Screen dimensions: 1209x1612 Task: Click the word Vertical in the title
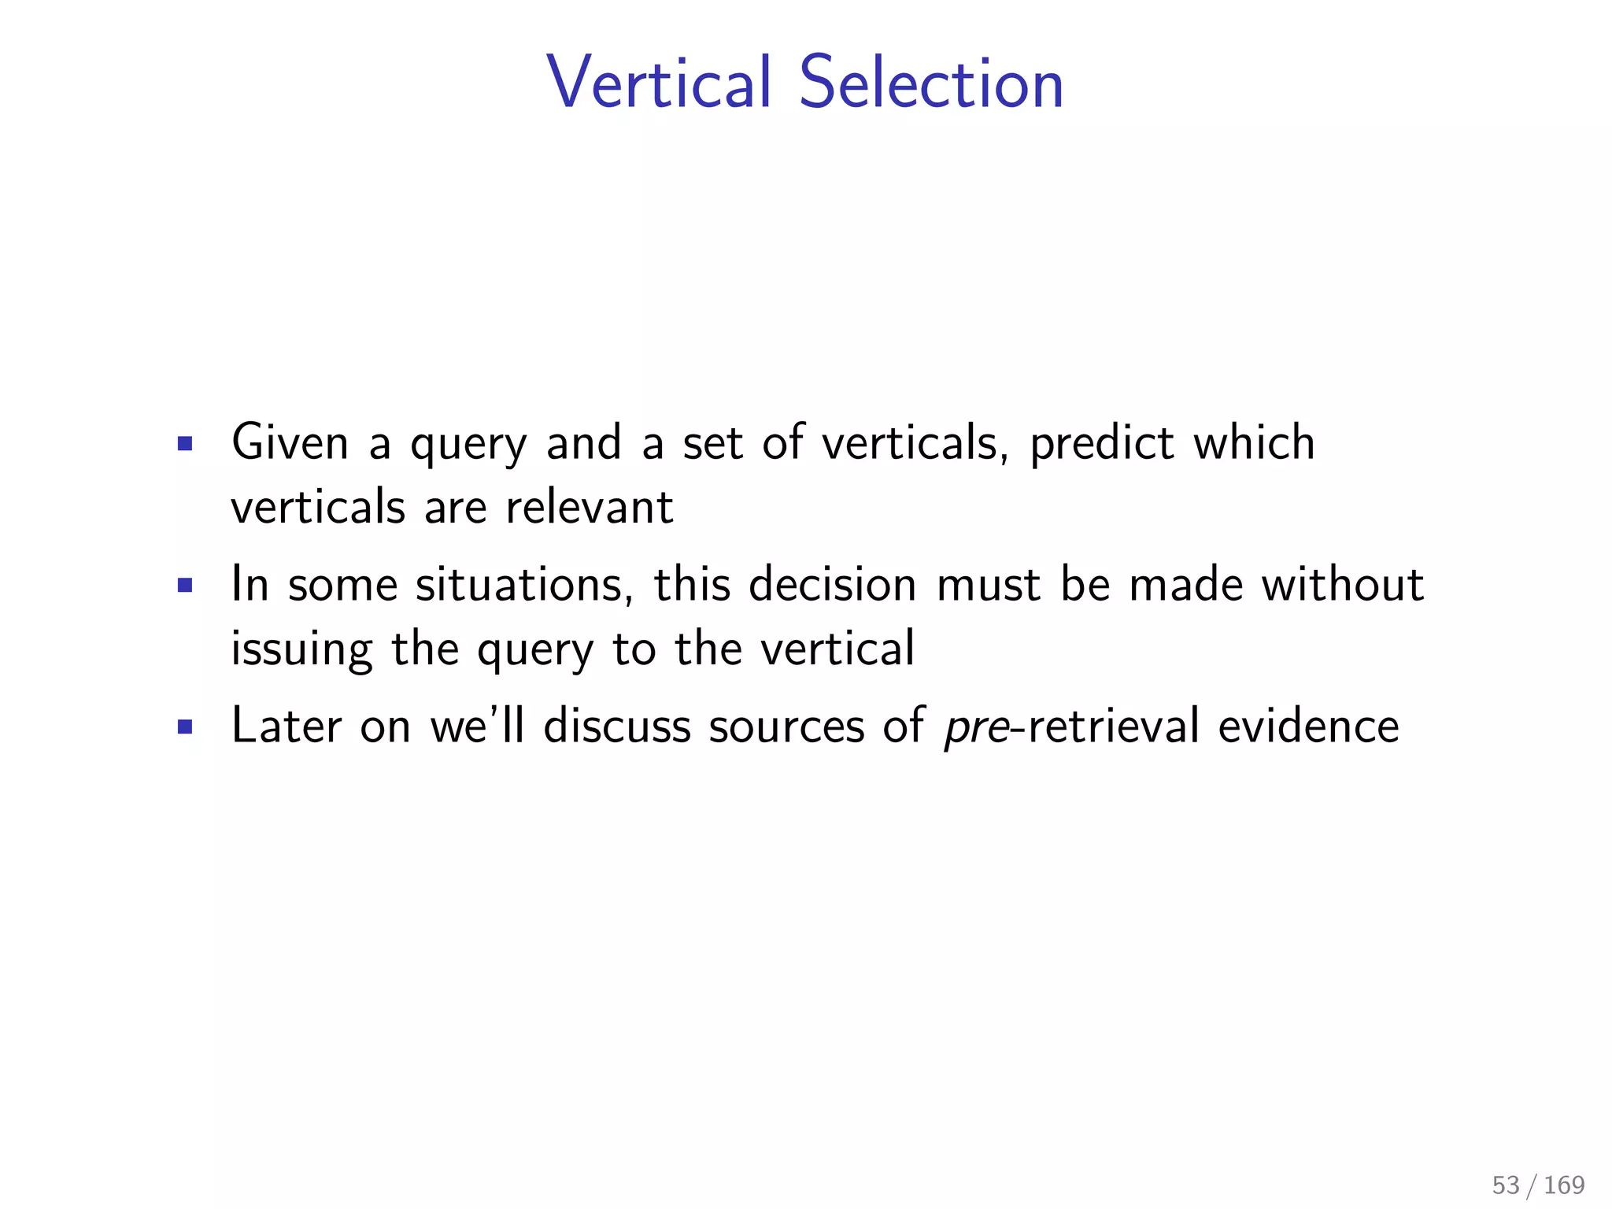pos(659,83)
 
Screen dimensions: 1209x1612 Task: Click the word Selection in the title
pos(931,83)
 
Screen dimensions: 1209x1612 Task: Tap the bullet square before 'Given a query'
pos(185,444)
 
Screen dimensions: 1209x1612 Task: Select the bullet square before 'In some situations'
pos(185,586)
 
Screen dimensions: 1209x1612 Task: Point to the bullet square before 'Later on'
pos(185,727)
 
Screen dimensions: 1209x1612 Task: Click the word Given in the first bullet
pos(290,442)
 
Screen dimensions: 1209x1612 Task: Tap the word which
pos(1254,442)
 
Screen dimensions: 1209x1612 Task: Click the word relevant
pos(589,507)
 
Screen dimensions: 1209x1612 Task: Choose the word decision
pos(833,584)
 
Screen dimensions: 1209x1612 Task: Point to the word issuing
pos(301,650)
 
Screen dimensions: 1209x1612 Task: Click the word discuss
pos(617,726)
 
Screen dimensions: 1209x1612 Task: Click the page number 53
pos(1506,1185)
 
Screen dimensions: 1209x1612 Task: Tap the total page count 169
pos(1564,1185)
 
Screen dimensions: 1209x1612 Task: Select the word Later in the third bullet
pos(287,726)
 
